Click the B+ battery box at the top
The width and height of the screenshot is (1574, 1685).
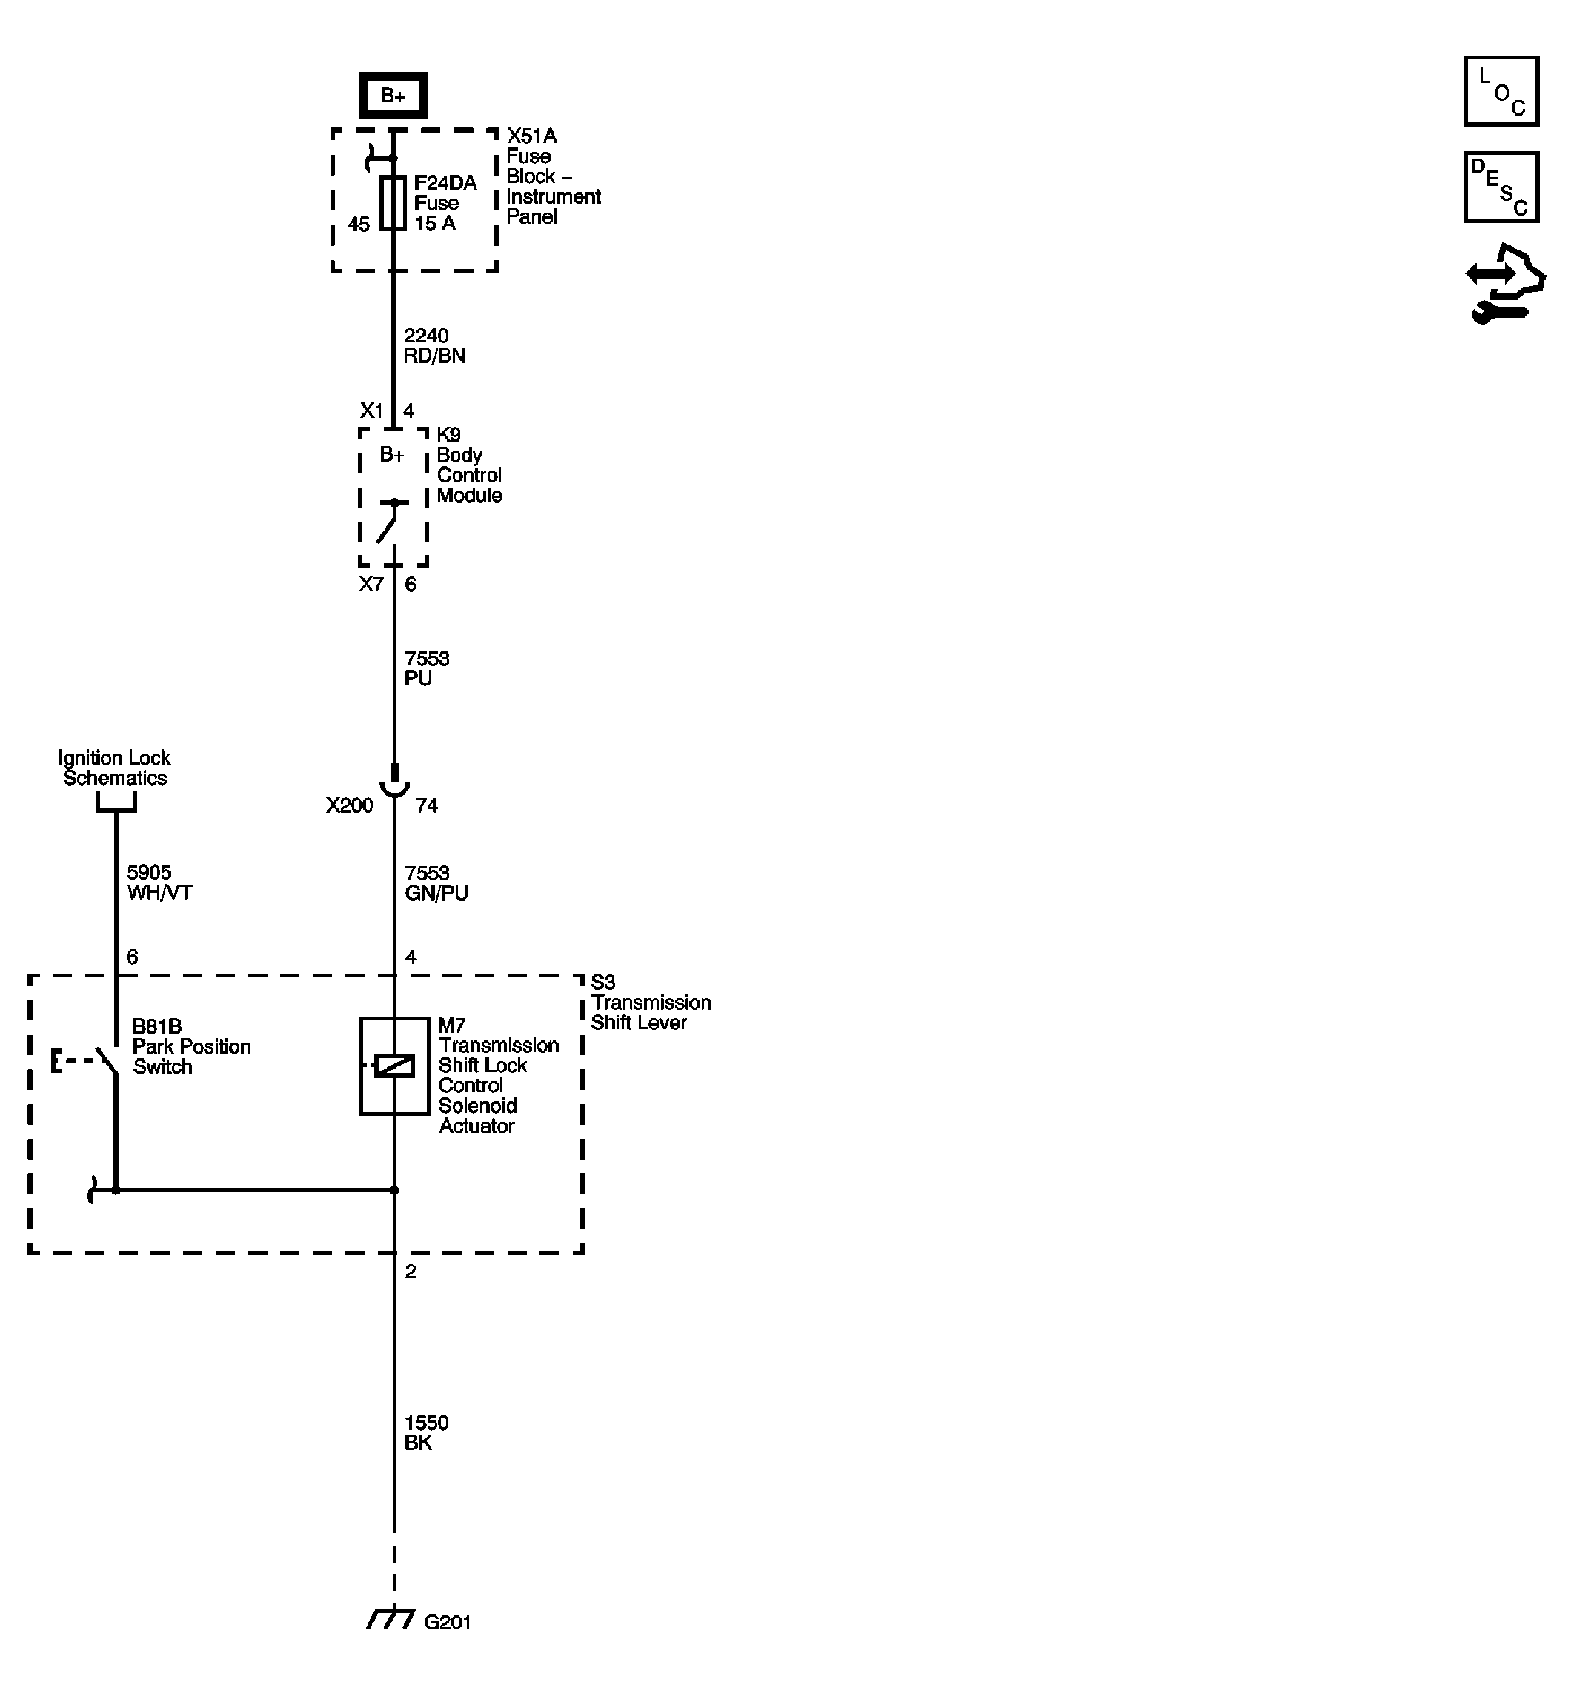click(393, 95)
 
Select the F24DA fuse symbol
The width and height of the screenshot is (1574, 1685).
click(393, 204)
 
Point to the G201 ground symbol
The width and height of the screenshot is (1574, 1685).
click(391, 1619)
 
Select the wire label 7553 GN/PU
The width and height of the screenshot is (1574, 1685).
click(436, 883)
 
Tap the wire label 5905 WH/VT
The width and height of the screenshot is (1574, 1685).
click(159, 883)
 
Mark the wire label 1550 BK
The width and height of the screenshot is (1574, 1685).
click(425, 1432)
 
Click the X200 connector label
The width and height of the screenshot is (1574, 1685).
click(349, 805)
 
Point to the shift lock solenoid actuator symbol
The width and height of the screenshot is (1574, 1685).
click(394, 1066)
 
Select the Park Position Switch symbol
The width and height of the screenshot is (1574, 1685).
click(106, 1060)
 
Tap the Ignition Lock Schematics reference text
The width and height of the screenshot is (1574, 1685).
click(114, 768)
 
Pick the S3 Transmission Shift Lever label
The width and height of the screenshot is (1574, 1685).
click(649, 1002)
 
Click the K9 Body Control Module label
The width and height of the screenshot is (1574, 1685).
click(469, 465)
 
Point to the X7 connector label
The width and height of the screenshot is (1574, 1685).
click(371, 585)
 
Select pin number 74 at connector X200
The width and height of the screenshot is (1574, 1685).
click(426, 805)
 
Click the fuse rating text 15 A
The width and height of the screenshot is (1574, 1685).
click(434, 224)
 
